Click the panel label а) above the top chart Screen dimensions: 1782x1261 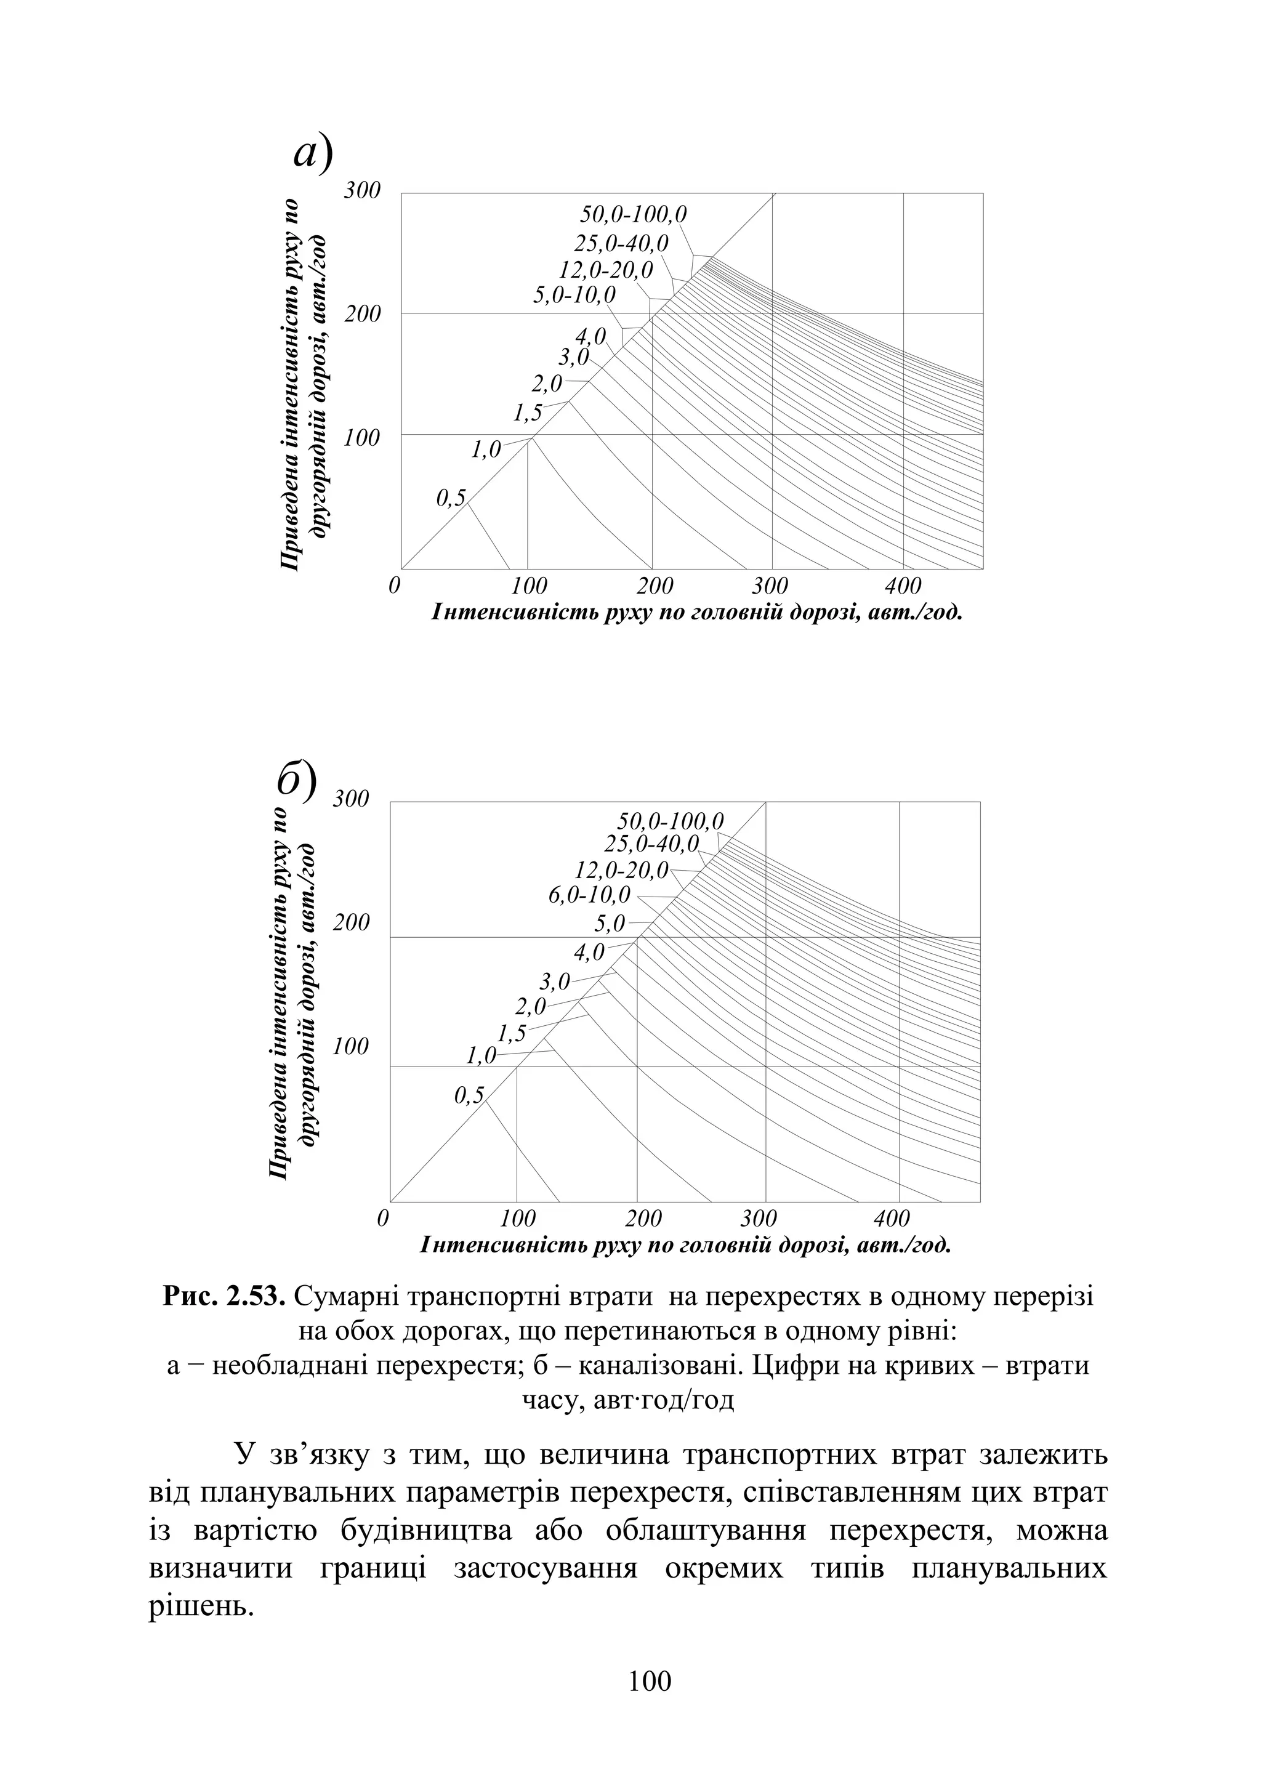point(312,153)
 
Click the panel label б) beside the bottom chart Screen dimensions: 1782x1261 point(297,782)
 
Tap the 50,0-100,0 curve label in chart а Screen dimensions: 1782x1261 point(634,214)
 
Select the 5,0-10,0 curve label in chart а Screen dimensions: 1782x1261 point(574,295)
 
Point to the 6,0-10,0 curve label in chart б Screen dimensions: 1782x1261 point(589,895)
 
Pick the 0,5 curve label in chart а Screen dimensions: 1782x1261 point(450,498)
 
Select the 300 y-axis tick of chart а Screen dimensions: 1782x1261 point(363,190)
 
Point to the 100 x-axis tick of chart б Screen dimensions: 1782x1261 point(518,1217)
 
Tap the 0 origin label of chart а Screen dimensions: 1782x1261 point(395,586)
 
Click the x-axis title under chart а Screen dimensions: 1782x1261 point(696,613)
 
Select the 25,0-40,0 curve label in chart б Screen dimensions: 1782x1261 point(651,842)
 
